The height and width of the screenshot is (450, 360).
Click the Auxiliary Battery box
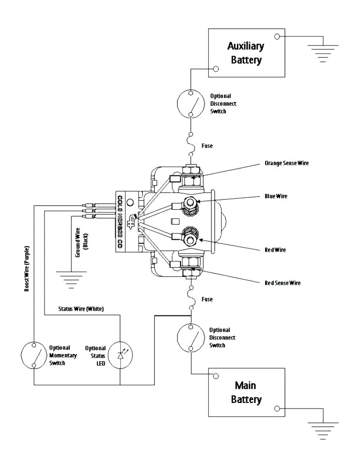(245, 53)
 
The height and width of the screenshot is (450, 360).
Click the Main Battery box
(246, 392)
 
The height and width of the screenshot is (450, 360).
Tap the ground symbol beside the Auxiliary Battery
(323, 52)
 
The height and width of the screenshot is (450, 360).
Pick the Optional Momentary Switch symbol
(34, 354)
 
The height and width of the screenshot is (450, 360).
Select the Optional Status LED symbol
(120, 355)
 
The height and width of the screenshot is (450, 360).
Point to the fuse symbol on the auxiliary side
(191, 144)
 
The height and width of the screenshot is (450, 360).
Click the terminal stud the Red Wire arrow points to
(190, 240)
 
